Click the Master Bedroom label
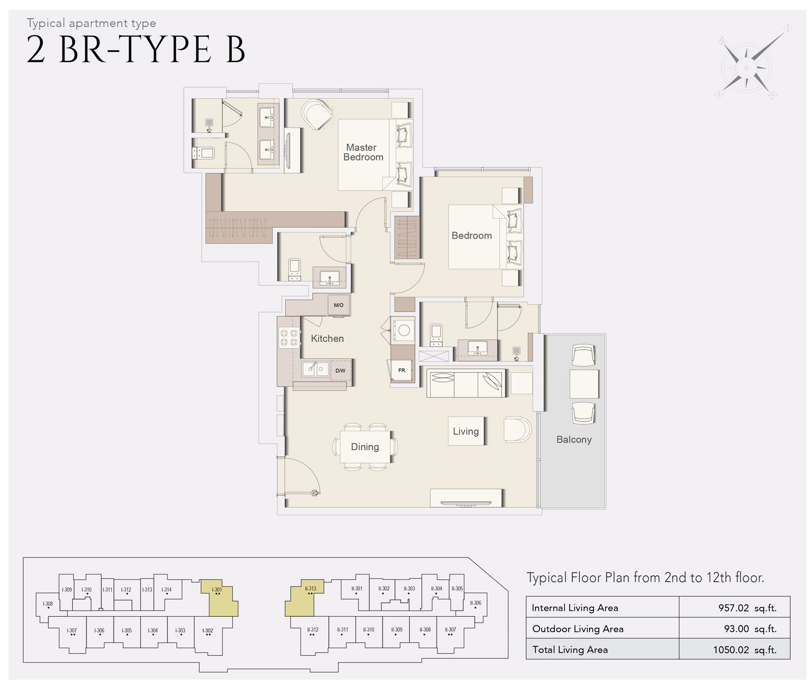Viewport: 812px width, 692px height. (363, 152)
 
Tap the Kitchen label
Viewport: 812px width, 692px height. (327, 338)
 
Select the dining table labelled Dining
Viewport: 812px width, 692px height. (365, 447)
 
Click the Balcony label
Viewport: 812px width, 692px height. (573, 440)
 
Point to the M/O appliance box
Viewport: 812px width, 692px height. (339, 305)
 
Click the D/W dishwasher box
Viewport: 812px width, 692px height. (340, 371)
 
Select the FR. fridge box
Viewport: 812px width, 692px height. (402, 370)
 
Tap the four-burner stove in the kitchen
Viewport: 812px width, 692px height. (289, 337)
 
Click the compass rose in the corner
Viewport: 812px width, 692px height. (746, 68)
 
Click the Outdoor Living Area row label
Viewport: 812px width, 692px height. (577, 629)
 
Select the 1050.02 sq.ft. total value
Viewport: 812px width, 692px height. (745, 650)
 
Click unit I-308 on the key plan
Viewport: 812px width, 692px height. (48, 604)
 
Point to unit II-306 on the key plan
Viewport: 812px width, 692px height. (476, 603)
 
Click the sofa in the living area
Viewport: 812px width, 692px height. (465, 383)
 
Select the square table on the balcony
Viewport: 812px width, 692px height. (584, 384)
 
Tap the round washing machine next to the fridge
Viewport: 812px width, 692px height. (404, 331)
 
